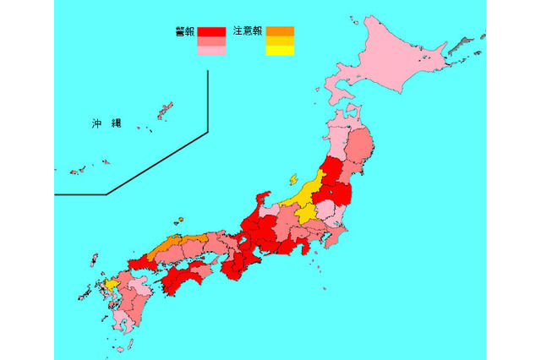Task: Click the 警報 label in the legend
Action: click(x=184, y=31)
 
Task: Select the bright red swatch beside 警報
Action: click(x=212, y=32)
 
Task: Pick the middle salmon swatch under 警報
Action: click(x=212, y=41)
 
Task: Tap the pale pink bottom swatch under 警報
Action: click(x=212, y=51)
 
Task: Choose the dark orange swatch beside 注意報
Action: click(x=280, y=32)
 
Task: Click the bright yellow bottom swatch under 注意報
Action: click(x=280, y=51)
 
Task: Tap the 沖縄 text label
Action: click(x=107, y=123)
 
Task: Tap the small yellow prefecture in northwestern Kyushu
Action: click(x=113, y=285)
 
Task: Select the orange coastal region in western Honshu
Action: click(x=169, y=246)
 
